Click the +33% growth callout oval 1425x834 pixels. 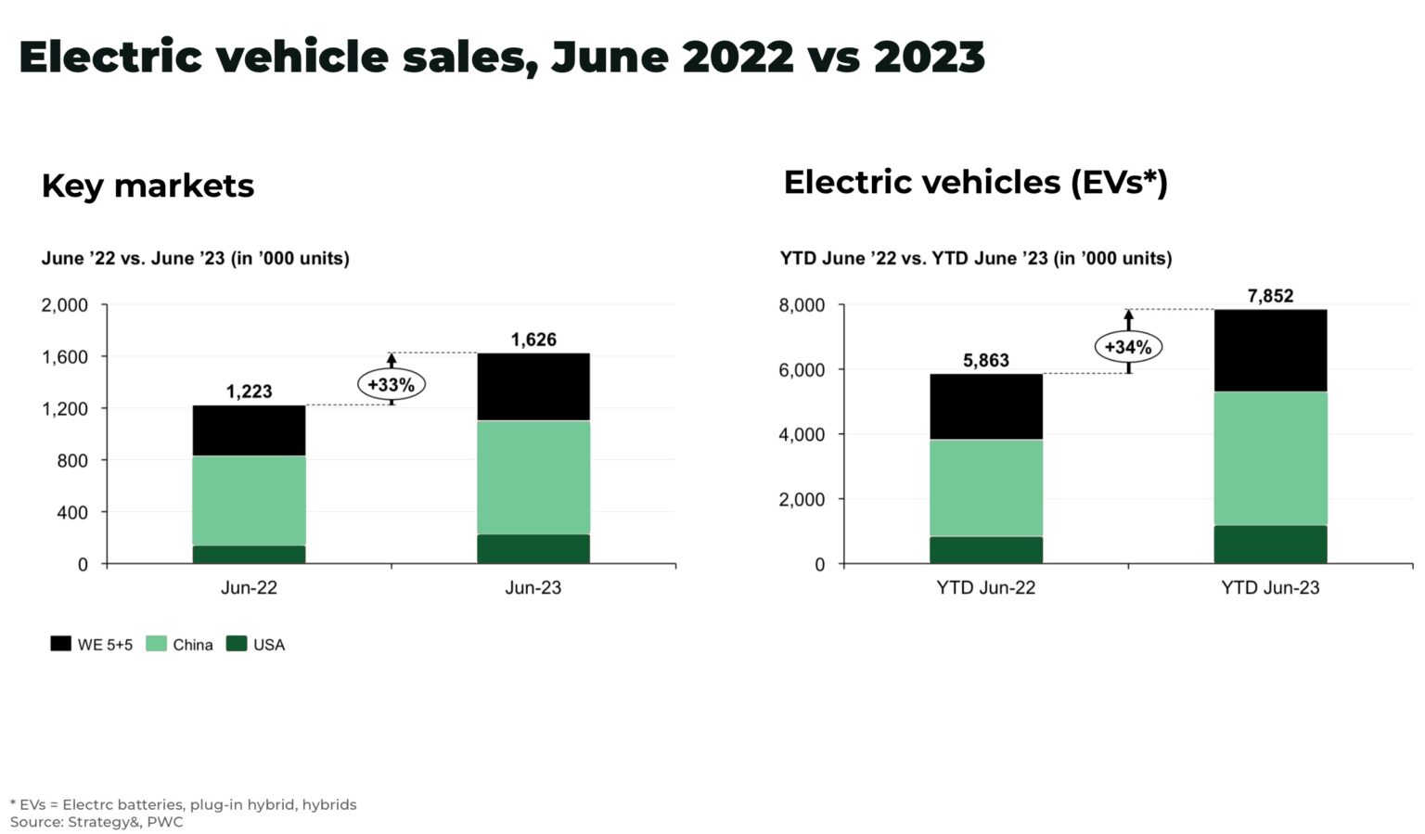tap(392, 384)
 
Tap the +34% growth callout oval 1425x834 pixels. tap(1128, 347)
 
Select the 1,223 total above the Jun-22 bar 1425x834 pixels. tap(249, 391)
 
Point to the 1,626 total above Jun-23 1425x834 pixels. tap(533, 340)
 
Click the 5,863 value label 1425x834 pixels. tap(985, 360)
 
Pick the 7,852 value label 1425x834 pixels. tap(1270, 296)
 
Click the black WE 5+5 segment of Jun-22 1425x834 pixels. tap(249, 430)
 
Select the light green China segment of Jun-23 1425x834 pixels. tap(533, 477)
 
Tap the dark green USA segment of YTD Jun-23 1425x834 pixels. tap(1270, 545)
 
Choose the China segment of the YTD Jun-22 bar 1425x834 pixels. tap(985, 488)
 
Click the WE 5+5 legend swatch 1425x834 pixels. tap(60, 644)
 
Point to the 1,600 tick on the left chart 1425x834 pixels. tap(64, 357)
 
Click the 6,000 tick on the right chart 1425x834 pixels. tap(802, 370)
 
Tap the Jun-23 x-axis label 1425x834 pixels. tap(533, 587)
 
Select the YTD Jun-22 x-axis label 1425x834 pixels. tap(985, 587)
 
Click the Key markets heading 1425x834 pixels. tap(148, 186)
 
